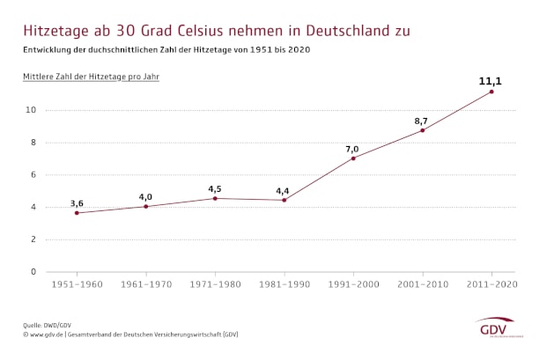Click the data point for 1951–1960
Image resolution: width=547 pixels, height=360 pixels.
77,213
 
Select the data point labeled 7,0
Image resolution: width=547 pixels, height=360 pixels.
353,158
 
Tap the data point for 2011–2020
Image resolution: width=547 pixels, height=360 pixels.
492,92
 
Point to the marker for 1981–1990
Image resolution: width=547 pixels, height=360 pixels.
285,200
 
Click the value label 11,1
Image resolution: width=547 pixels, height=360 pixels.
491,81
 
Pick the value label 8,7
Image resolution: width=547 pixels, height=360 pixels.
421,120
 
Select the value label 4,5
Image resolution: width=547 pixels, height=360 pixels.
215,188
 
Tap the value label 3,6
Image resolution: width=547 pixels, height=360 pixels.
77,203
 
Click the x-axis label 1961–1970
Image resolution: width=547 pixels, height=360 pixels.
146,284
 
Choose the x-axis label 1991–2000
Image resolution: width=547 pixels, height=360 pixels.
353,284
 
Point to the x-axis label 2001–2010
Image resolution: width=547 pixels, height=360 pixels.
422,284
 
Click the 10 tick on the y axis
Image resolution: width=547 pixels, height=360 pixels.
30,110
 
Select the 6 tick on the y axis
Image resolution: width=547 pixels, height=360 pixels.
33,174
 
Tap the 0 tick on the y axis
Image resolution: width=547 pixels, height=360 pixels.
33,271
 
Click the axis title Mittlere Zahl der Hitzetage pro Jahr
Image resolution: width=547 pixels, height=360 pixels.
91,77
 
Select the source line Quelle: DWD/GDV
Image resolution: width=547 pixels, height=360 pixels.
48,326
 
